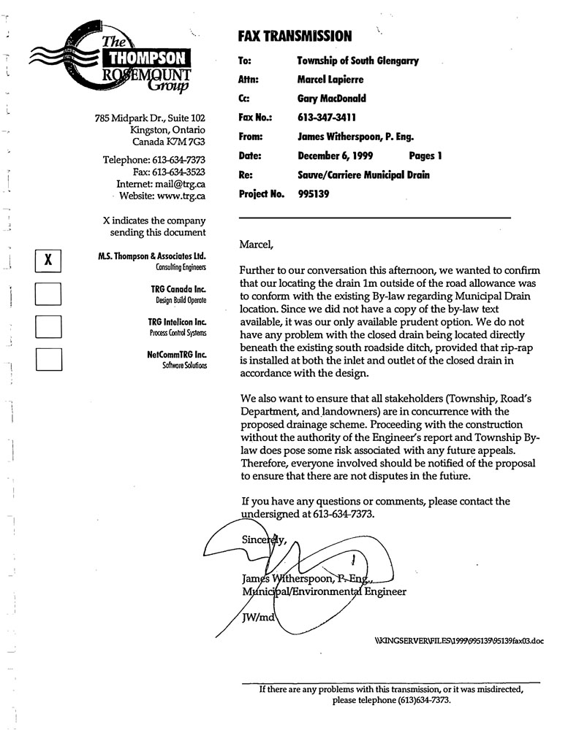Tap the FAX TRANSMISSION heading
click(x=295, y=36)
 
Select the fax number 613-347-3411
click(x=327, y=117)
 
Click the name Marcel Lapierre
click(x=330, y=79)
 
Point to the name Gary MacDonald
click(x=332, y=98)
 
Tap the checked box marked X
click(x=48, y=259)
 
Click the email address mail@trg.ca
click(x=186, y=184)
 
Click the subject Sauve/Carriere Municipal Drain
click(x=363, y=175)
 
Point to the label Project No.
click(x=261, y=194)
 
